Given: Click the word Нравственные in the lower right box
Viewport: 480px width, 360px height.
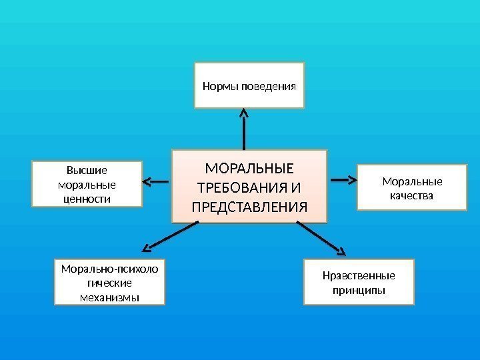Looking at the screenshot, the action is pyautogui.click(x=359, y=276).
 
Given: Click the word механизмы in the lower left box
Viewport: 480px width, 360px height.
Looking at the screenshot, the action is pyautogui.click(x=109, y=297).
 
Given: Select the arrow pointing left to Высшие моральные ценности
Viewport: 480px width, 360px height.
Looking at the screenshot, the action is pyautogui.click(x=155, y=181).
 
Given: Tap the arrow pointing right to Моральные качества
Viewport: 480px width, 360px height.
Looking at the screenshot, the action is pyautogui.click(x=343, y=180).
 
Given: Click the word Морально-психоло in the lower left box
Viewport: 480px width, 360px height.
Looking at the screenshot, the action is pyautogui.click(x=109, y=269).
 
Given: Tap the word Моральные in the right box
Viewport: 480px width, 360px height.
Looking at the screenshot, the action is pyautogui.click(x=411, y=182).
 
